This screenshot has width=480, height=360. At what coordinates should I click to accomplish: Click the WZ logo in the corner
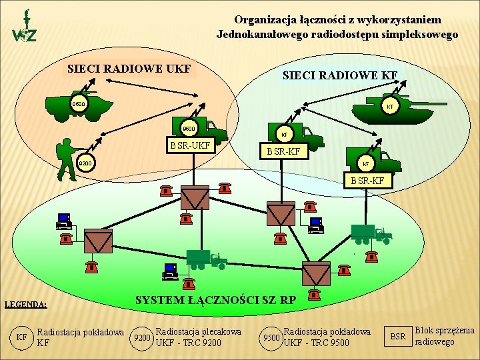[25, 27]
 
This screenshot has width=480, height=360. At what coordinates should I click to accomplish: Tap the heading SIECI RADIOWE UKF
[129, 69]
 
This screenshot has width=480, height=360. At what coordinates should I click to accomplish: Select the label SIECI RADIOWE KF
[340, 76]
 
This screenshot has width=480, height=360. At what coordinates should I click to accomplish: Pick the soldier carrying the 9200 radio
[67, 160]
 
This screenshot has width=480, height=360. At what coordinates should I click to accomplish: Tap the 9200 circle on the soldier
[85, 163]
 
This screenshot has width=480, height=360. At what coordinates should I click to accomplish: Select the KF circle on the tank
[390, 105]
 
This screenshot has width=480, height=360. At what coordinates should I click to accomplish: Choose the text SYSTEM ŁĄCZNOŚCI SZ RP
[215, 300]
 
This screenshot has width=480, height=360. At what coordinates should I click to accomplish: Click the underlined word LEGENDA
[25, 305]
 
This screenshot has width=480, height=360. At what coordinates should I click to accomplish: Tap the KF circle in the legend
[22, 337]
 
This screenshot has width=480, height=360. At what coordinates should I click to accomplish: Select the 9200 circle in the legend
[142, 337]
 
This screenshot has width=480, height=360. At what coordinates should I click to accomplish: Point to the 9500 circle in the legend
[271, 337]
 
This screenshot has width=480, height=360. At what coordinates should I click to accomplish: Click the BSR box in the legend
[398, 337]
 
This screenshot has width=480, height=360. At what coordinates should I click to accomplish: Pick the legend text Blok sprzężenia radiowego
[444, 336]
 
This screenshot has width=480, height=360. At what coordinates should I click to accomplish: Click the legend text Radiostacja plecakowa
[197, 331]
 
